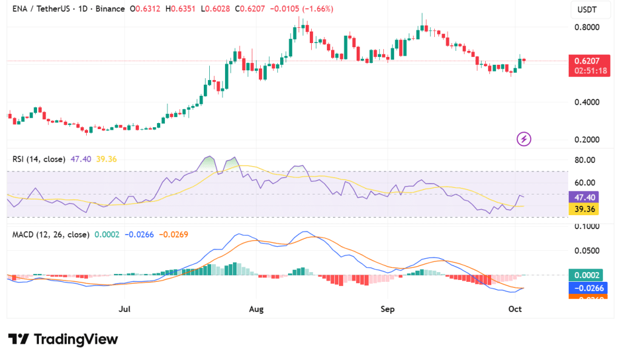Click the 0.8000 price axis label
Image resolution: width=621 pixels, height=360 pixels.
(586, 27)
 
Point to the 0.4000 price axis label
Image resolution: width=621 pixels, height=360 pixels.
(586, 102)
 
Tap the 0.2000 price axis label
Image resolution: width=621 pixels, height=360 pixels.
(586, 140)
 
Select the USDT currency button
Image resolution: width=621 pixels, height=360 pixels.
(587, 10)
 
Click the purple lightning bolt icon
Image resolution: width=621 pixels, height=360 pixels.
(524, 139)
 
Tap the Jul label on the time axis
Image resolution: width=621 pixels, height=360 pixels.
(125, 309)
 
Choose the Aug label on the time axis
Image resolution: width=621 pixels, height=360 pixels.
(256, 309)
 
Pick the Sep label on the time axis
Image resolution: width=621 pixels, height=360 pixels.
(388, 309)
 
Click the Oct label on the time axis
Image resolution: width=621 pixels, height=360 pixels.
(515, 309)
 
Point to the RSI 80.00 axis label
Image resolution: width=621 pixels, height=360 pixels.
(586, 160)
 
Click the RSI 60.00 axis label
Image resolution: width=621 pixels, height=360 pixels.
(586, 182)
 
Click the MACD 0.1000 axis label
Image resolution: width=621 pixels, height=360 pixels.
(586, 226)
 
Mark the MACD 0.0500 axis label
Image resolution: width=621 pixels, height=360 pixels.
(586, 250)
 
